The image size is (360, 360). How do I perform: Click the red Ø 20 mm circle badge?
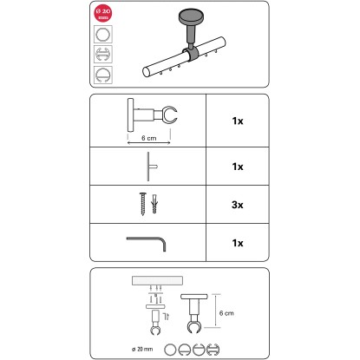(103, 13)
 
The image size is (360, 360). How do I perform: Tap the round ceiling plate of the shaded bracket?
(191, 16)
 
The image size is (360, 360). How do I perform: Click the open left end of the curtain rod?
(147, 72)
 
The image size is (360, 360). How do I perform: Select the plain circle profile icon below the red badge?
(103, 35)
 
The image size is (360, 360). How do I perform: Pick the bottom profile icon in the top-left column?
(103, 75)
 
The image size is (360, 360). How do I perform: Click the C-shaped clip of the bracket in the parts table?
(170, 115)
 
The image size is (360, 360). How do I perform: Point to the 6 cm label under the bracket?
(149, 138)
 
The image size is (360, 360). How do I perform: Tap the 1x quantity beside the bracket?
(238, 121)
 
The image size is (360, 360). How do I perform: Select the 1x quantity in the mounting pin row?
(238, 167)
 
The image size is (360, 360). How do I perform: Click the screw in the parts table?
(143, 203)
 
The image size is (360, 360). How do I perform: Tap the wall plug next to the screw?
(154, 204)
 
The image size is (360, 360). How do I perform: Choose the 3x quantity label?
(238, 205)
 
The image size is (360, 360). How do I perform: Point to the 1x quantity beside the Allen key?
(238, 243)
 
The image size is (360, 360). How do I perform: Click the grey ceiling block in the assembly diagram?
(157, 280)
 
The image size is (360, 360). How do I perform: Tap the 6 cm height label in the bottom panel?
(226, 313)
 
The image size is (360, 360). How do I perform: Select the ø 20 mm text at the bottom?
(142, 349)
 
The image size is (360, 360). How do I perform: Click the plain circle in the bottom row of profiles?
(170, 350)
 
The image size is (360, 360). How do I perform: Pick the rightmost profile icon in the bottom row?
(213, 350)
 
